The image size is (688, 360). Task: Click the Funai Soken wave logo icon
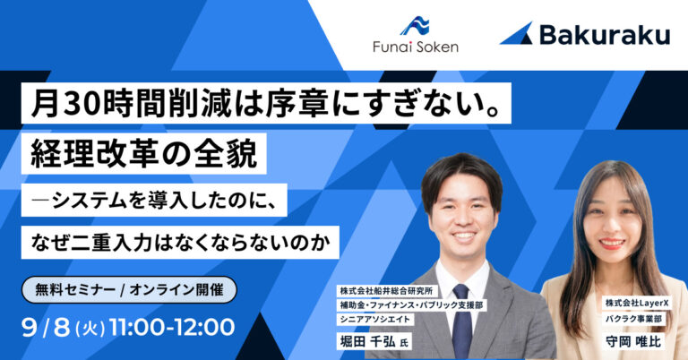click(x=415, y=26)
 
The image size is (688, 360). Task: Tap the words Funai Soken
click(x=416, y=47)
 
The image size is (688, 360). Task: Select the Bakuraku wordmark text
click(x=605, y=35)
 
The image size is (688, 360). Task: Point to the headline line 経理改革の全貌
click(x=144, y=154)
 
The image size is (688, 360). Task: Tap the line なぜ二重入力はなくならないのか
click(x=180, y=243)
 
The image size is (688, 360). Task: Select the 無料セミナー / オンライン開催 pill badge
click(x=129, y=290)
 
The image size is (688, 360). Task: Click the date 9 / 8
click(x=46, y=328)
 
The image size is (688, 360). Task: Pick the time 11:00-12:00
click(x=172, y=328)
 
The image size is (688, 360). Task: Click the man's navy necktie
click(x=461, y=316)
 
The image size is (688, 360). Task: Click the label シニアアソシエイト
click(x=374, y=319)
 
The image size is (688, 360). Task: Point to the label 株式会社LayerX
click(x=636, y=303)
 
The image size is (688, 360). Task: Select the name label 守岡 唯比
click(x=633, y=341)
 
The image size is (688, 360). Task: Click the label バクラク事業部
click(x=633, y=319)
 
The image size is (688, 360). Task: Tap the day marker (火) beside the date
click(x=90, y=329)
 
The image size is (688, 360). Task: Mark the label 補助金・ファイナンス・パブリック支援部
click(x=411, y=305)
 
